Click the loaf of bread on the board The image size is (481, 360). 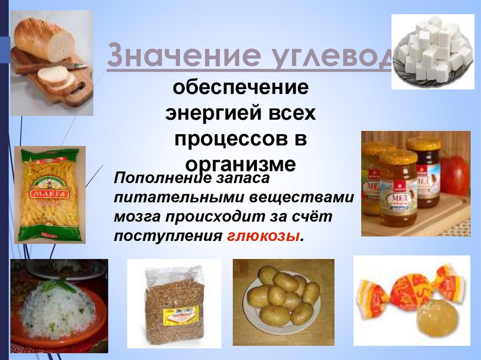click(x=42, y=39)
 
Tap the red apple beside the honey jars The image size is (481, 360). click(x=454, y=176)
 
